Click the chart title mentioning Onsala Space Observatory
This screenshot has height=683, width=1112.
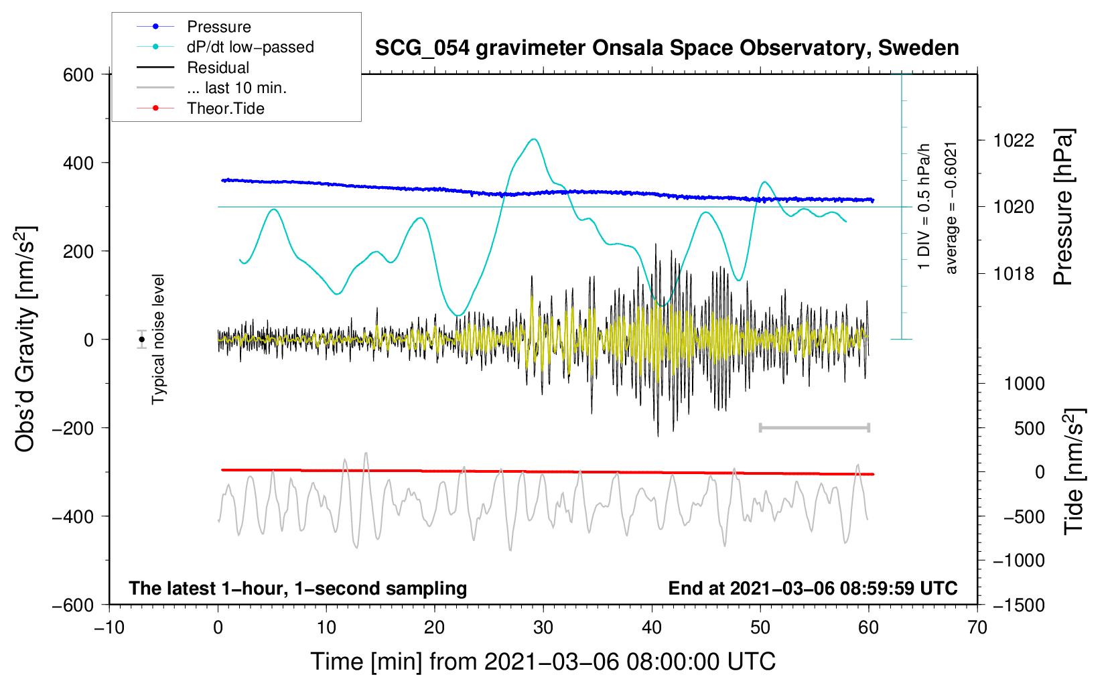click(667, 48)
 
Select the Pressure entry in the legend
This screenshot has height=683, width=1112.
click(218, 27)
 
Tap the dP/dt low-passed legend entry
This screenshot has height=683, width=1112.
click(250, 47)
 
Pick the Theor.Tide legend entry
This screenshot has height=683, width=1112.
click(225, 108)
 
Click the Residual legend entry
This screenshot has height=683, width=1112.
click(218, 68)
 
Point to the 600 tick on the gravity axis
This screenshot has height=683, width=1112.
click(78, 74)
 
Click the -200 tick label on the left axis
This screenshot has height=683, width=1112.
click(73, 428)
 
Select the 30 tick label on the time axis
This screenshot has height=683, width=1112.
click(543, 627)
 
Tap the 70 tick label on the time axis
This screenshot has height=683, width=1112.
click(977, 627)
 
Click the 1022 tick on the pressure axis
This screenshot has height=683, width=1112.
click(1014, 141)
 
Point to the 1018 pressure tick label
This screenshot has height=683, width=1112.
click(1014, 274)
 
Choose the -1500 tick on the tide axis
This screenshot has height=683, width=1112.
click(1018, 605)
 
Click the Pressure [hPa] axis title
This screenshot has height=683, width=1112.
click(1064, 208)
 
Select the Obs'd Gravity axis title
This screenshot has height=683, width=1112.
click(25, 339)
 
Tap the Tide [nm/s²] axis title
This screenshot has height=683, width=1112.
click(1074, 471)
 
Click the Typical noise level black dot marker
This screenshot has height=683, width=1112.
click(142, 339)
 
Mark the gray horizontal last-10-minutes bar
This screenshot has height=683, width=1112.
click(814, 427)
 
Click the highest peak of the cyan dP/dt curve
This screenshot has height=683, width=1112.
click(534, 139)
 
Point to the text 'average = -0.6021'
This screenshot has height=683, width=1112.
click(951, 208)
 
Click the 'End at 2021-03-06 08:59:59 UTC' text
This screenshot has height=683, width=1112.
click(813, 588)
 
